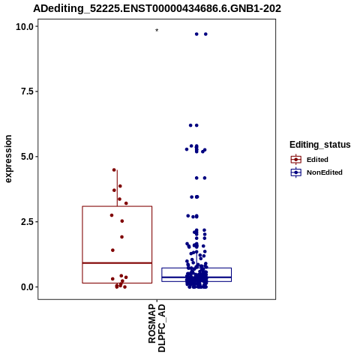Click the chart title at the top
click(157, 9)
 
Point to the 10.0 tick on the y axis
click(25, 26)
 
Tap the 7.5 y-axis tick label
click(27, 91)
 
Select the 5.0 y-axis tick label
click(27, 157)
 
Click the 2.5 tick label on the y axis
click(27, 222)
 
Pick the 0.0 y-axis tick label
click(27, 287)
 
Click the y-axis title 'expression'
click(8, 159)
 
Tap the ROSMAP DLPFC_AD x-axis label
click(157, 328)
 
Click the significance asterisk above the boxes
click(157, 31)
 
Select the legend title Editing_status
click(320, 145)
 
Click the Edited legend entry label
click(317, 160)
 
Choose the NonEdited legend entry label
click(325, 172)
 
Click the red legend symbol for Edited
click(296, 159)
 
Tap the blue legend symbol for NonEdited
click(296, 172)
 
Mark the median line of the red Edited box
click(117, 263)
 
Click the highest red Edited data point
click(114, 170)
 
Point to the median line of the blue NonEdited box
click(196, 277)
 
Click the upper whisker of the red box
click(117, 188)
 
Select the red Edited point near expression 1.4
click(112, 250)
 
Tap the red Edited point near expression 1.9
click(121, 237)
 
